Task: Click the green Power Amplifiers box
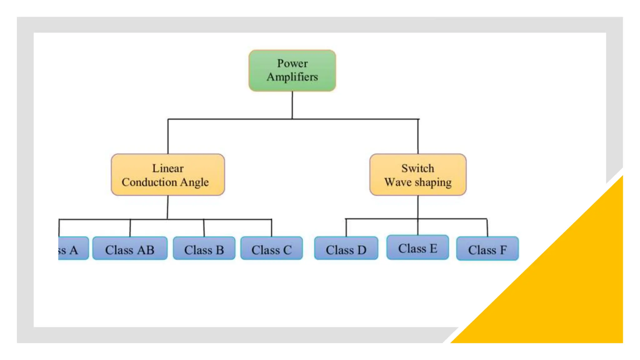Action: pyautogui.click(x=292, y=71)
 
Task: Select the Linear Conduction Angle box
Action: pyautogui.click(x=168, y=175)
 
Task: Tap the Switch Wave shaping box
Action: pyautogui.click(x=418, y=175)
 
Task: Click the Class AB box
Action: pyautogui.click(x=130, y=248)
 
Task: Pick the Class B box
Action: pyautogui.click(x=204, y=248)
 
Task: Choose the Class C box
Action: pyautogui.click(x=272, y=248)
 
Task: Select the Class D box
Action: pyautogui.click(x=346, y=248)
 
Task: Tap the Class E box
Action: pyautogui.click(x=417, y=247)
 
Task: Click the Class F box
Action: pyautogui.click(x=487, y=249)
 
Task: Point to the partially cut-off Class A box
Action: pyautogui.click(x=73, y=248)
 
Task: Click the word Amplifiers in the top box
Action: pyautogui.click(x=292, y=77)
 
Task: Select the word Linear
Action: pyautogui.click(x=168, y=168)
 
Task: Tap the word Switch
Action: pyautogui.click(x=418, y=168)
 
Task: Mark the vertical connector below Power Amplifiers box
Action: pyautogui.click(x=292, y=105)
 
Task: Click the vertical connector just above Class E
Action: pyautogui.click(x=418, y=227)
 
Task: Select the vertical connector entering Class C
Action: pyautogui.click(x=271, y=228)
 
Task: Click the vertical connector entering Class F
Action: pyautogui.click(x=487, y=228)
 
